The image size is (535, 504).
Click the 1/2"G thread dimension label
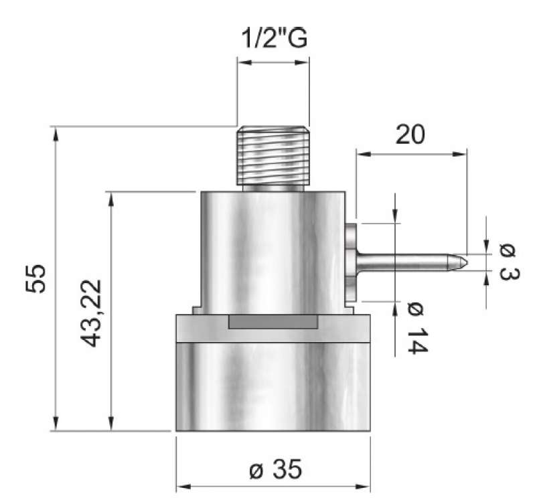(x=273, y=39)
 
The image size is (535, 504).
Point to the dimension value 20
(x=410, y=135)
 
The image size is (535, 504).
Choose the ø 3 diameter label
(x=509, y=263)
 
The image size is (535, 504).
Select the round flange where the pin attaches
(x=352, y=261)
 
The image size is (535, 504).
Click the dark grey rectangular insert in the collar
(x=273, y=322)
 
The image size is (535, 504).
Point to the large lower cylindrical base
(x=273, y=386)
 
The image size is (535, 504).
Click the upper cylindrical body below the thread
(x=273, y=251)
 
